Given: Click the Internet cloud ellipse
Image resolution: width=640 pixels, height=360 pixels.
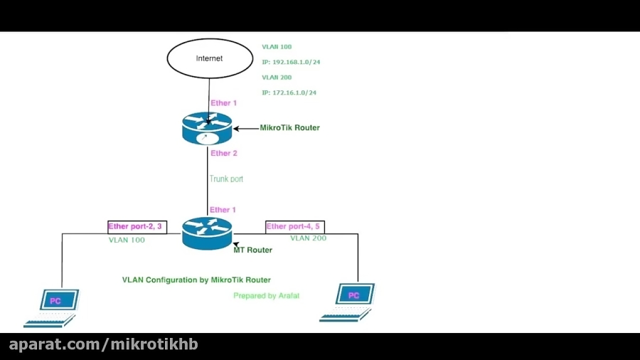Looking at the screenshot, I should [x=209, y=58].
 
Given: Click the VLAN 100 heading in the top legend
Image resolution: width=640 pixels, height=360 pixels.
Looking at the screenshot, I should [x=277, y=47].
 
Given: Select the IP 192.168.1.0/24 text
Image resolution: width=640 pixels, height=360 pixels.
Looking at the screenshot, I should [x=291, y=62].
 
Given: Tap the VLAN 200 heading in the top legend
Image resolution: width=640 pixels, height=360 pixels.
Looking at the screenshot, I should [x=277, y=78].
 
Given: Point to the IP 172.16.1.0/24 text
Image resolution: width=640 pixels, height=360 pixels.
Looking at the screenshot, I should [x=289, y=92].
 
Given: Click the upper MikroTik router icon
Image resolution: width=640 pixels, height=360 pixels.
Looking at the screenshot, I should [x=207, y=129].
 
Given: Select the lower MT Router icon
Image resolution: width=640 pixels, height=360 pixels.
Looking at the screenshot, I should [x=207, y=233].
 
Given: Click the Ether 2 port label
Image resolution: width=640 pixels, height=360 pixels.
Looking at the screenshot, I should [x=224, y=154].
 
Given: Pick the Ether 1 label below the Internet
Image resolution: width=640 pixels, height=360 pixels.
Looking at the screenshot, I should [x=224, y=103].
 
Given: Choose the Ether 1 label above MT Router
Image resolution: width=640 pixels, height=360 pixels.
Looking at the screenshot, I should [x=224, y=210].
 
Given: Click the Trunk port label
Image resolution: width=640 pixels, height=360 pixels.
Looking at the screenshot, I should [x=226, y=179].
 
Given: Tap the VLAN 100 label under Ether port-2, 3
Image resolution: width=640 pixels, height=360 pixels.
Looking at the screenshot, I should [x=127, y=240].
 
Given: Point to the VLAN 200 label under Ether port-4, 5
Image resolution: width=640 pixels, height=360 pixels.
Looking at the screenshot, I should [x=308, y=238].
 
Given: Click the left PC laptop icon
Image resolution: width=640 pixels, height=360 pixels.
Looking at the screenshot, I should [x=53, y=307].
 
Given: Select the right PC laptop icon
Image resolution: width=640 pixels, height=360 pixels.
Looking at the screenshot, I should [x=348, y=302].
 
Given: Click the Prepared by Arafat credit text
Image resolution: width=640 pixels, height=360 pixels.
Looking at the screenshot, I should [x=266, y=295].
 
